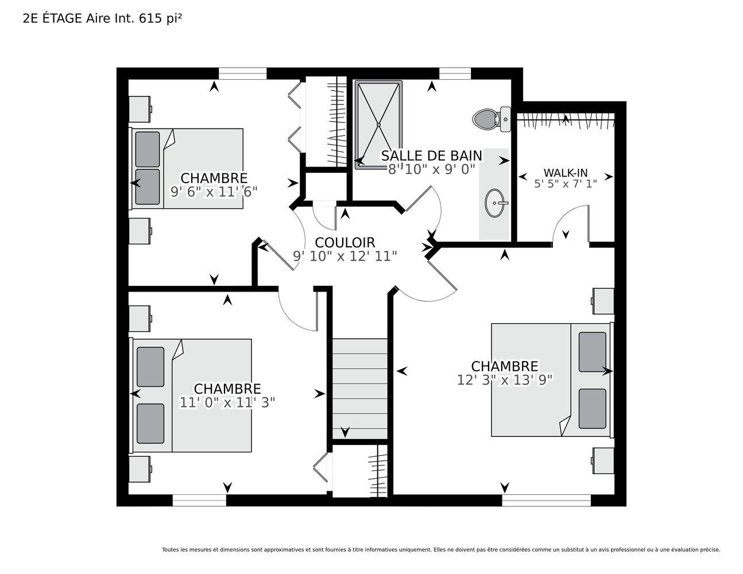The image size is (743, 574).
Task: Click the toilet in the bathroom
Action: [x=492, y=119]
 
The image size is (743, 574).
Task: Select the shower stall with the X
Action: [x=378, y=125]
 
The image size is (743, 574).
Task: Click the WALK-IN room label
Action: [x=566, y=173]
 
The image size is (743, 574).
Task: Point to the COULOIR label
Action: [x=345, y=243]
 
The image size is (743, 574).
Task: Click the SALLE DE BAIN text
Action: [x=432, y=156]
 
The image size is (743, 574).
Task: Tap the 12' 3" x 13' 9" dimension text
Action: [x=505, y=380]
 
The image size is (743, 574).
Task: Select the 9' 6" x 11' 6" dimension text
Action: [x=214, y=192]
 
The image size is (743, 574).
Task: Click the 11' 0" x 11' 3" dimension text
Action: [x=227, y=402]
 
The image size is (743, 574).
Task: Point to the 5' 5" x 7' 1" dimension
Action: [x=566, y=184]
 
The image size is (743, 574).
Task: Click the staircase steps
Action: [x=359, y=389]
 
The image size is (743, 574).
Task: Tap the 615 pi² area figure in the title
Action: [x=160, y=18]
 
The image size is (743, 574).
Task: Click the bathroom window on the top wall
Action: [x=455, y=73]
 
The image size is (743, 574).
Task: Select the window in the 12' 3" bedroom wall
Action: [x=547, y=500]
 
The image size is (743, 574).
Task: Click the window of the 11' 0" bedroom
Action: [x=199, y=500]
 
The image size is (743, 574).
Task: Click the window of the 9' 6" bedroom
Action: [x=242, y=73]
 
